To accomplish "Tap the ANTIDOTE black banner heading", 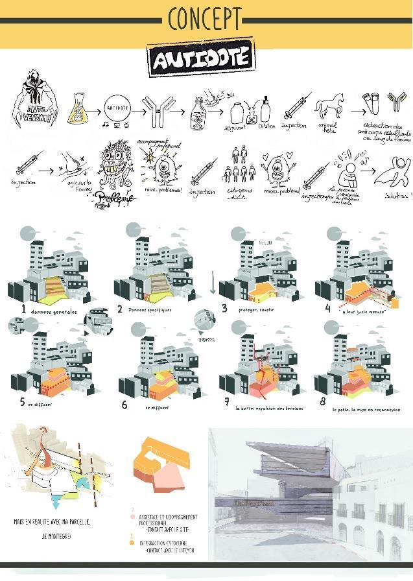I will coord(200,60).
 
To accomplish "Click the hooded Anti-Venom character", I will coord(34,97).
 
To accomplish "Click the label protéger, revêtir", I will coord(257,310).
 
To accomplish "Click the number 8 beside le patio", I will coord(322,401).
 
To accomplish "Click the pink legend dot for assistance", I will coord(132,517).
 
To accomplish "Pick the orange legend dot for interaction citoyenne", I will coord(132,543).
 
